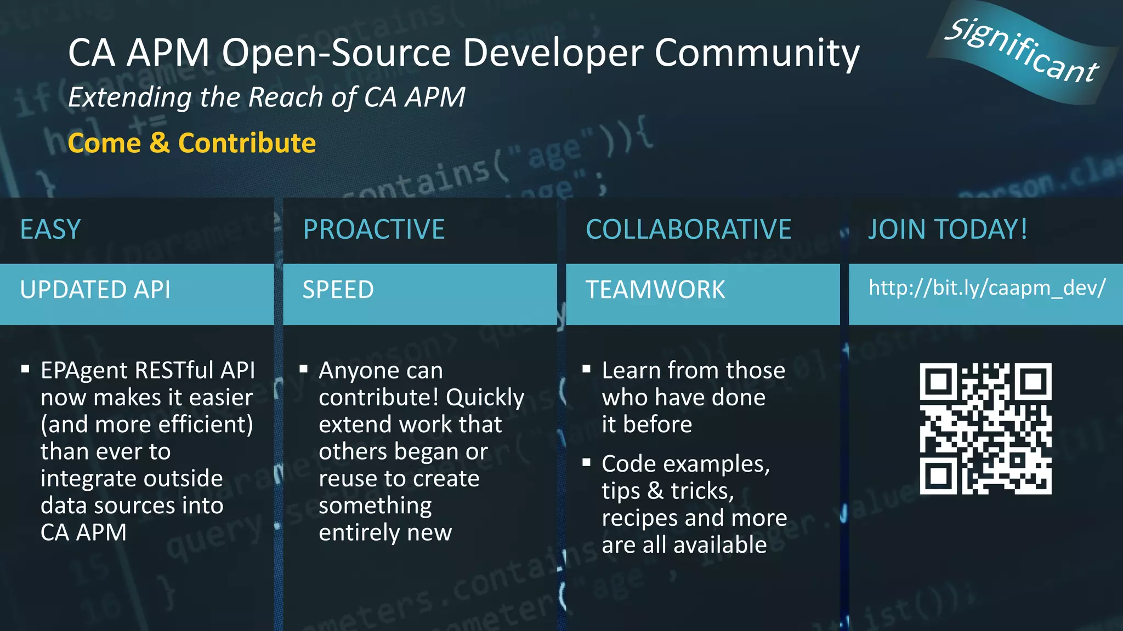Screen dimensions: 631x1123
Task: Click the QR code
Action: [985, 428]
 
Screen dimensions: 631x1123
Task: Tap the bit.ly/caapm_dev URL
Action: [987, 288]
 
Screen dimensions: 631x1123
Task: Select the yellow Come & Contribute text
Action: [192, 144]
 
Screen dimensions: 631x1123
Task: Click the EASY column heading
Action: [50, 230]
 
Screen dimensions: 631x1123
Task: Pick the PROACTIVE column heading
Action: [374, 230]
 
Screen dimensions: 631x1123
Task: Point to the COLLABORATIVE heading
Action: [688, 230]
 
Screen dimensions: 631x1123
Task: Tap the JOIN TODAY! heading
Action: [948, 230]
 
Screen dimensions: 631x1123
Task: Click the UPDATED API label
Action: [95, 290]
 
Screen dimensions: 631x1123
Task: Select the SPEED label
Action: [338, 290]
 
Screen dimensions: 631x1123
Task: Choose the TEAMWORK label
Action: [655, 290]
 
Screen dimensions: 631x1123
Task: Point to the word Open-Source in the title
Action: [337, 54]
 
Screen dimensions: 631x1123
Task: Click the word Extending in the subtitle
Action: [129, 98]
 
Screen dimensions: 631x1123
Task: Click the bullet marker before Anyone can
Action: [303, 369]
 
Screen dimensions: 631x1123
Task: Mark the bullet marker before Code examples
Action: [586, 463]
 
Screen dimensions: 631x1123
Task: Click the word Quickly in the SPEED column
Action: [485, 398]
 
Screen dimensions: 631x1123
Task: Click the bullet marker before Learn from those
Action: [586, 369]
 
